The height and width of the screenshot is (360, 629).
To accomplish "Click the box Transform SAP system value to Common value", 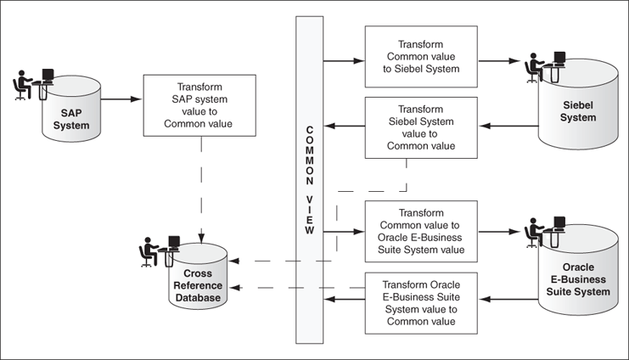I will (199, 105).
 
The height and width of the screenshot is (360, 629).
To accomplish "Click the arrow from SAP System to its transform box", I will (122, 99).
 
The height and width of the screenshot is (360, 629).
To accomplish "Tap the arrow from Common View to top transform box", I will (344, 61).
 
